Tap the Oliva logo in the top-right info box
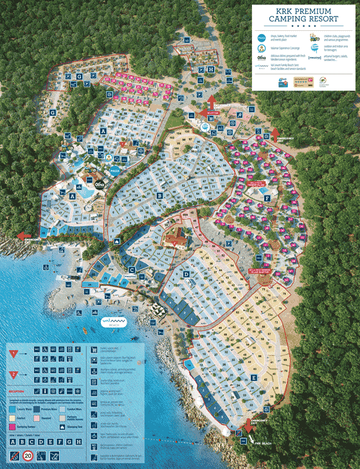pyautogui.click(x=262, y=58)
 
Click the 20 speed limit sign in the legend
pyautogui.click(x=28, y=456)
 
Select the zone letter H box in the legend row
pyautogui.click(x=79, y=441)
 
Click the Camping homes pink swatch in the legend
pyautogui.click(x=12, y=425)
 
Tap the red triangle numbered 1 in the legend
pyautogui.click(x=14, y=353)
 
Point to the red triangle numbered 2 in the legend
pyautogui.click(x=14, y=373)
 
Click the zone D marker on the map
pyautogui.click(x=186, y=274)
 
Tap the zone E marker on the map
pyautogui.click(x=255, y=376)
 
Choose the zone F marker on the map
pyautogui.click(x=267, y=198)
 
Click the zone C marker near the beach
pyautogui.click(x=131, y=269)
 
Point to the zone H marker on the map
pyautogui.click(x=212, y=69)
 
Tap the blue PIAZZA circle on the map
pyautogui.click(x=115, y=172)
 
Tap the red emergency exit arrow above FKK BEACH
pyautogui.click(x=248, y=425)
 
